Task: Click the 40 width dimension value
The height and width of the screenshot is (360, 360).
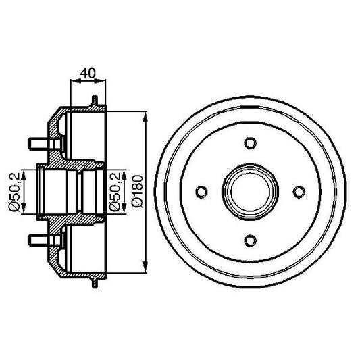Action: point(86,71)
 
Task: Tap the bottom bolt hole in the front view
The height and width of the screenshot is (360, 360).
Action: point(249,241)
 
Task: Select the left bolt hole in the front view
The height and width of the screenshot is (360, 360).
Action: point(200,192)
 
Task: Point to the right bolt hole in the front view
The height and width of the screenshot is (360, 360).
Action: point(299,192)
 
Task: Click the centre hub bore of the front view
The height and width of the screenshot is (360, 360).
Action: point(249,192)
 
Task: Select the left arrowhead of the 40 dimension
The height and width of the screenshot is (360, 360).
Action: point(73,81)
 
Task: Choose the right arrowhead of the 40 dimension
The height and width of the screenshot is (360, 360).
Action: point(104,81)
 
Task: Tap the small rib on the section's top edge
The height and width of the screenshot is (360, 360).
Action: point(92,101)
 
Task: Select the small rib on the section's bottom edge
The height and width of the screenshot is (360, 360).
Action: point(92,282)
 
